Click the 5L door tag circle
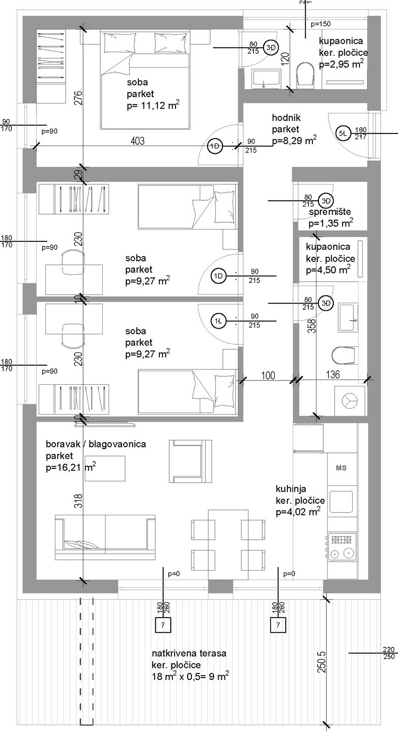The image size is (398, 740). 343,134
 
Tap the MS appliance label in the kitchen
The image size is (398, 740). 341,468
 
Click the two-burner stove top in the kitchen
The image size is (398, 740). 342,546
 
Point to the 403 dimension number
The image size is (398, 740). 137,141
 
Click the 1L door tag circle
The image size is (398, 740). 219,321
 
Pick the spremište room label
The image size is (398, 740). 330,212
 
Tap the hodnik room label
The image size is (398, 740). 286,118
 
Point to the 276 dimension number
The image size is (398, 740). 78,98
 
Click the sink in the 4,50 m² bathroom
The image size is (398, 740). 348,317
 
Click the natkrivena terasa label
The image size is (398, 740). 189,653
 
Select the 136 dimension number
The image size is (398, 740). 333,374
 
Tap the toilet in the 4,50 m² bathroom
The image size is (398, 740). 343,356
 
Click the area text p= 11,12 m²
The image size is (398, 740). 153,105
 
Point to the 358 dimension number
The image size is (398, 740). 312,326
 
